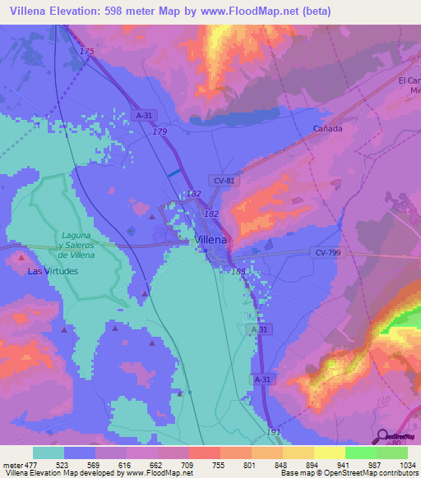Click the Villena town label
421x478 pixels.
212,240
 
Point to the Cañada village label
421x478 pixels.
327,129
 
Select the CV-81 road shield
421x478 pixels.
224,181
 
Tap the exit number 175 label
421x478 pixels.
87,52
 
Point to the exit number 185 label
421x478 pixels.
238,270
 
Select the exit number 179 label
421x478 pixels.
160,132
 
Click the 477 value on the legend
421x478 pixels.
34,464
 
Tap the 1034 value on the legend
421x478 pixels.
408,464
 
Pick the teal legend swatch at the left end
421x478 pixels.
49,453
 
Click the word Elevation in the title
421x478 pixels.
82,11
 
